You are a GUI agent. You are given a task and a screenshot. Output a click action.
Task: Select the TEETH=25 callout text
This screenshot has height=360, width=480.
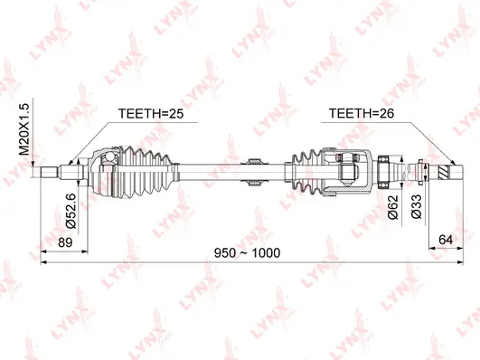pos(153,114)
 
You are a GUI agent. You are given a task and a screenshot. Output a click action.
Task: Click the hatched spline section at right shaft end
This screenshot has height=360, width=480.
pos(440,169)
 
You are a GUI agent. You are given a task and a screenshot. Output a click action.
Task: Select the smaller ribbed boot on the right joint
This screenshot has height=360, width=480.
pos(304,168)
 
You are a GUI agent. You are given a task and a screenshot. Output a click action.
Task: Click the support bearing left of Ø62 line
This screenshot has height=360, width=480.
pos(382,168)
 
